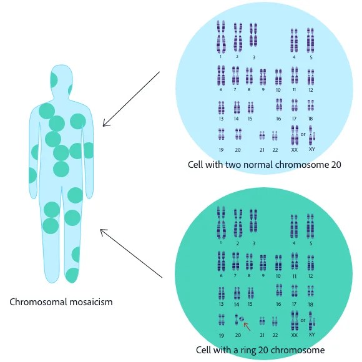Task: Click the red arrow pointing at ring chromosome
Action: [246, 325]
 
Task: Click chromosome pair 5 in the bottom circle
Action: [310, 227]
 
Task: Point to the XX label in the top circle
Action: [295, 150]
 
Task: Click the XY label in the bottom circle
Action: [311, 335]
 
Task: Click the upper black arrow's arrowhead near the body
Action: [105, 124]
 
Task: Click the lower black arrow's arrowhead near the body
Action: [102, 232]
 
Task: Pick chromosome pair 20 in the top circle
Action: [238, 134]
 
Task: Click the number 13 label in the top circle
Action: [221, 119]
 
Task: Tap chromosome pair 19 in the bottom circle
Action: [222, 320]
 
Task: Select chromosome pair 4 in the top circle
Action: [294, 41]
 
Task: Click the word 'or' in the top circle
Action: [303, 134]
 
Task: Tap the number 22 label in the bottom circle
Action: [275, 335]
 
